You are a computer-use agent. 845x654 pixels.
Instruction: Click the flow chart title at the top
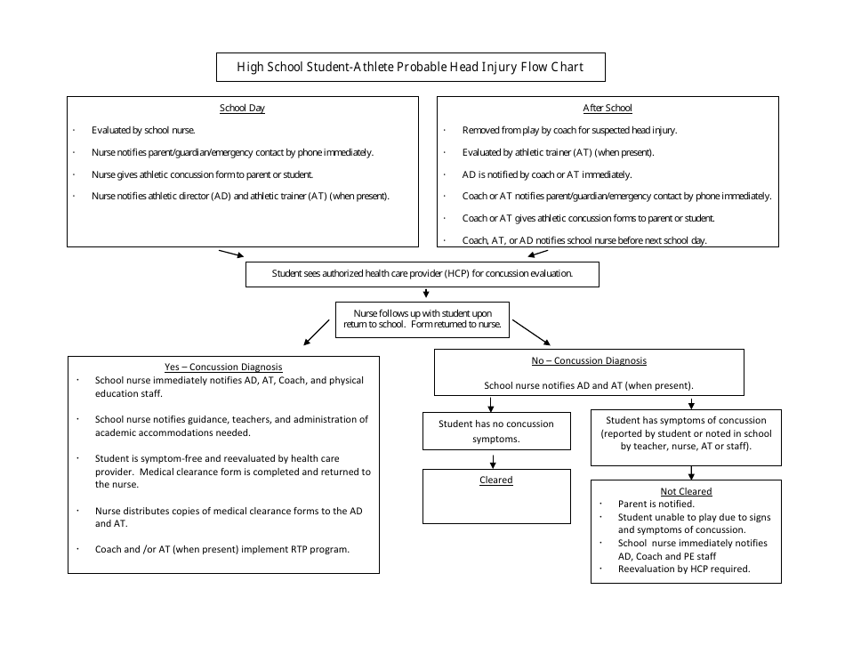click(412, 67)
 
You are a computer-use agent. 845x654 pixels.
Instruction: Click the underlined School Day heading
click(242, 109)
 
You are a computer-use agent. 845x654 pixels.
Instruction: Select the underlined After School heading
click(608, 109)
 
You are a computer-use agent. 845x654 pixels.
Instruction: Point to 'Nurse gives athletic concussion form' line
click(202, 174)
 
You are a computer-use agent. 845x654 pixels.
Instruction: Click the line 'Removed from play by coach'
click(569, 130)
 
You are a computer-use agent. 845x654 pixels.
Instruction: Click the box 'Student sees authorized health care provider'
click(422, 274)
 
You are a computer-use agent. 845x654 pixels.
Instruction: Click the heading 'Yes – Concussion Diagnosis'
click(223, 367)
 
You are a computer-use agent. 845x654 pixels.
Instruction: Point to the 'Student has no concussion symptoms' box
click(490, 431)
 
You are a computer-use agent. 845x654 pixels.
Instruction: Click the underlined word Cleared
click(495, 480)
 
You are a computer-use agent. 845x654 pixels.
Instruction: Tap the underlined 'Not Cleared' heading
click(686, 491)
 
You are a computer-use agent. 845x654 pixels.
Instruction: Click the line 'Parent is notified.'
click(656, 504)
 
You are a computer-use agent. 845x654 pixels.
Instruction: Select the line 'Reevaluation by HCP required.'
click(684, 569)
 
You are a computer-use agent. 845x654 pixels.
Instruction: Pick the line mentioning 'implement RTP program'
click(222, 549)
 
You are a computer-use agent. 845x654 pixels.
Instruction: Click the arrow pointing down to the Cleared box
click(491, 460)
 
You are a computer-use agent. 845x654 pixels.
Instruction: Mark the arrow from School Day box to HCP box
click(230, 254)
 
